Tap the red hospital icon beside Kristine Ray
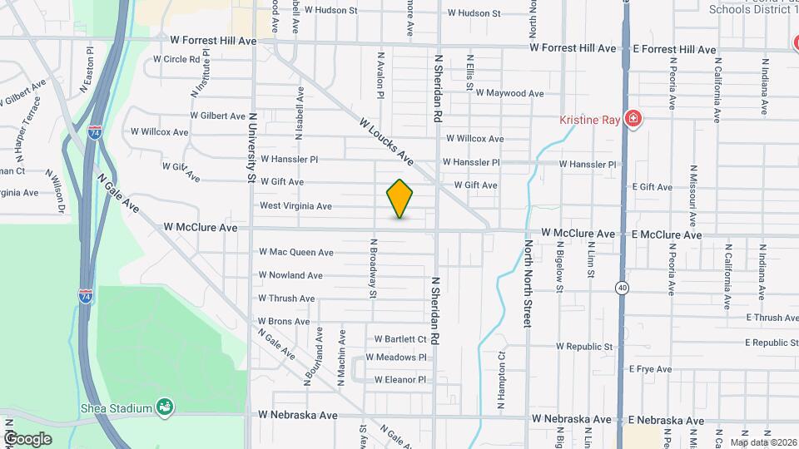click(x=633, y=119)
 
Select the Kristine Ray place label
click(x=589, y=120)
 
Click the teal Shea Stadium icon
click(x=166, y=407)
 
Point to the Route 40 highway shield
click(x=623, y=288)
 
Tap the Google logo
click(x=27, y=438)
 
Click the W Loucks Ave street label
click(x=386, y=139)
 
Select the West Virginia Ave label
click(x=295, y=206)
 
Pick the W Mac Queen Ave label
click(x=296, y=252)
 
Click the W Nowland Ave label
click(x=290, y=275)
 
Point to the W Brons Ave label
click(x=283, y=322)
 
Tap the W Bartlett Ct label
click(x=400, y=339)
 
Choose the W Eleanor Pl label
click(x=400, y=380)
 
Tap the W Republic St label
click(x=584, y=346)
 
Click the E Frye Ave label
click(x=650, y=369)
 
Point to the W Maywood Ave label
click(x=509, y=93)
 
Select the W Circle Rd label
click(x=176, y=60)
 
